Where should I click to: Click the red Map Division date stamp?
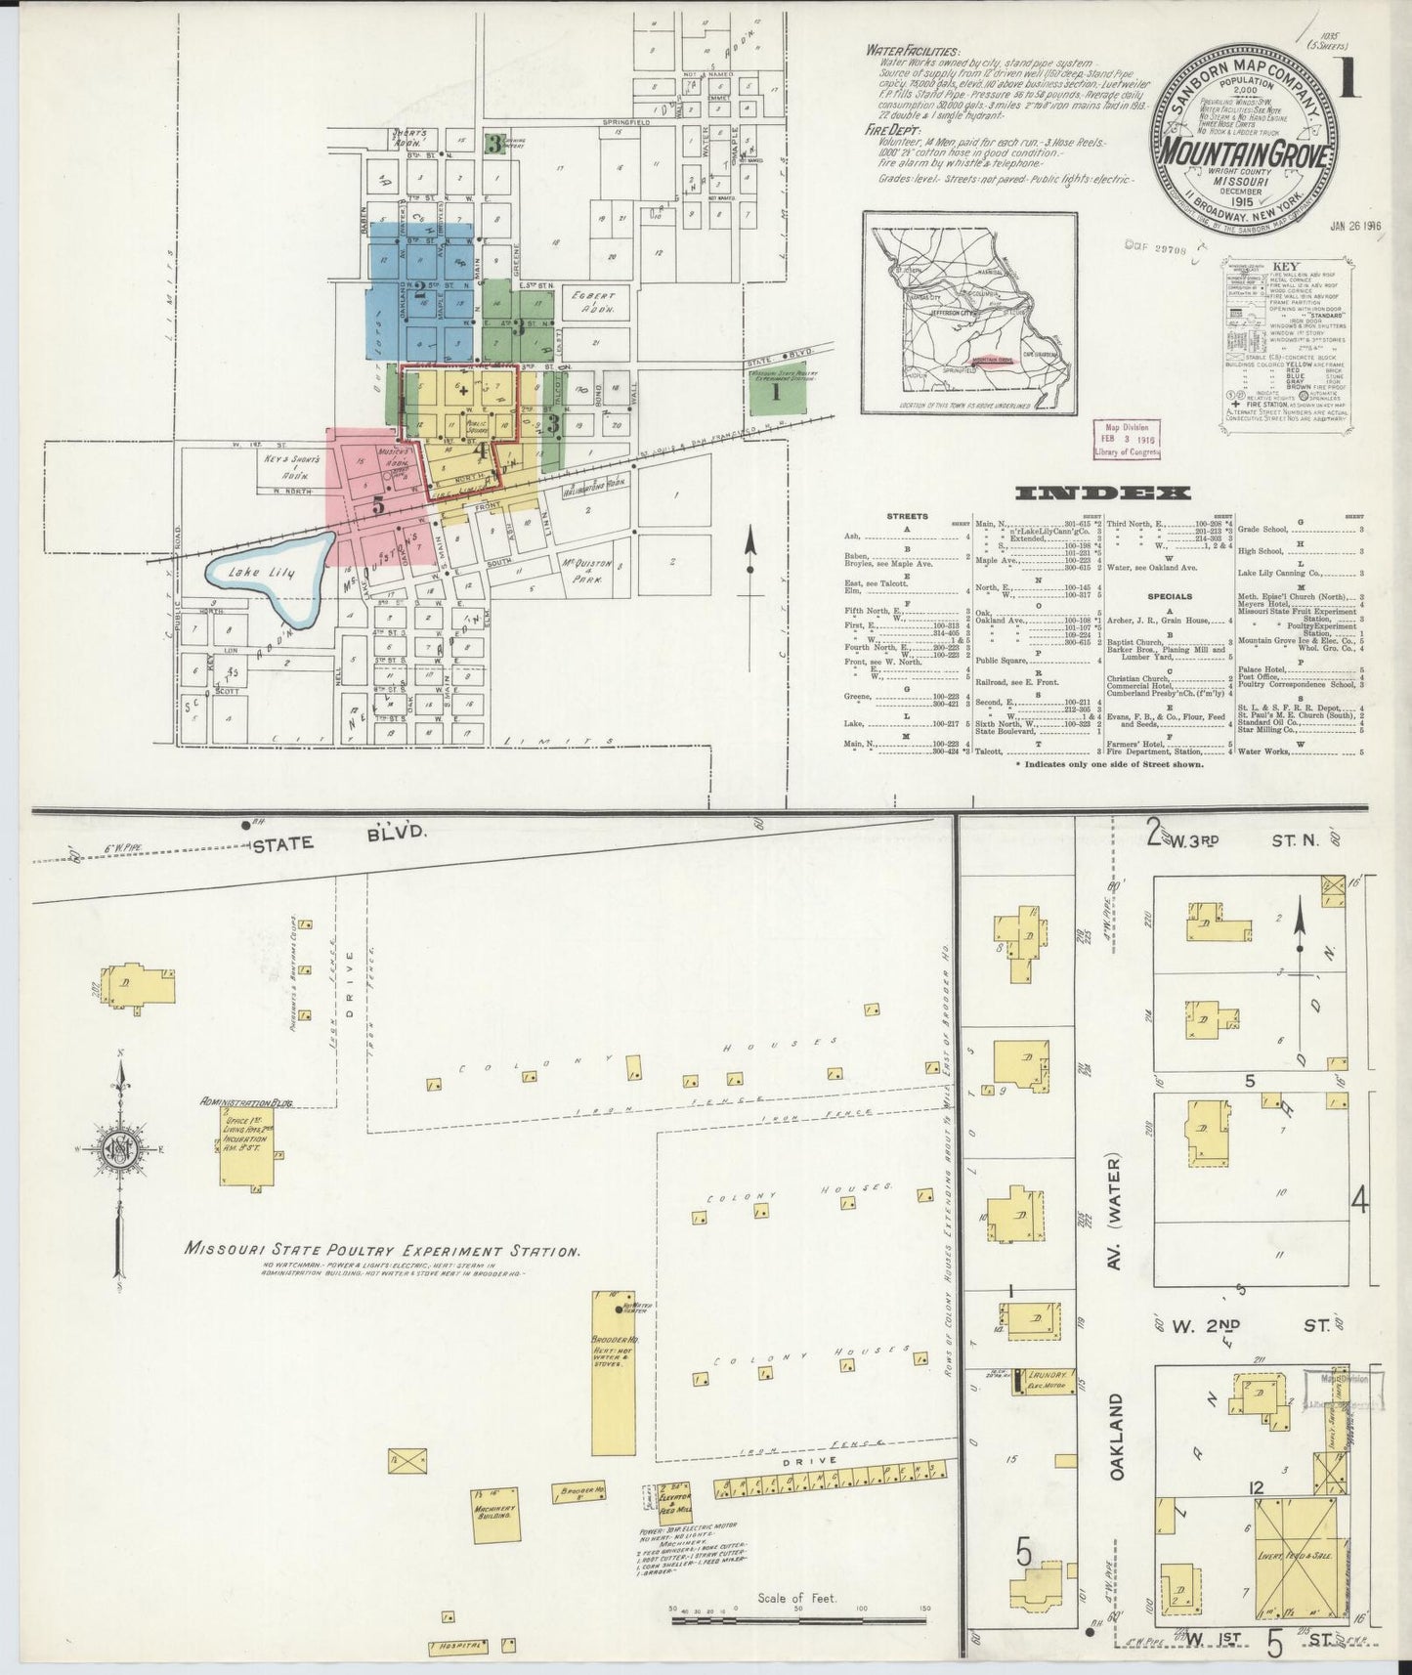pos(1126,439)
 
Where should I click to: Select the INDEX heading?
pos(1103,494)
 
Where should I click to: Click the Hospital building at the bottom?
pos(458,1645)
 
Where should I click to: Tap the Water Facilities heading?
pos(912,52)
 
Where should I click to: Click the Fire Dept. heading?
pos(890,129)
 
